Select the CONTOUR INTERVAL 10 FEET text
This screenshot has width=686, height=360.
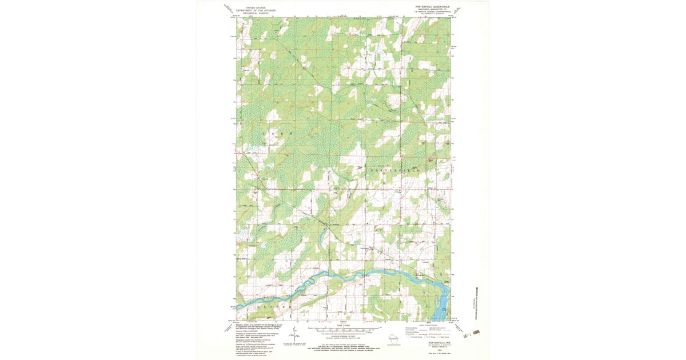click(x=343, y=338)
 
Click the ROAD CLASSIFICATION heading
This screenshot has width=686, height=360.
click(x=426, y=324)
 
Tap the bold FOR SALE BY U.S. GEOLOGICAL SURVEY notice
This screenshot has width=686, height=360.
click(x=343, y=346)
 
